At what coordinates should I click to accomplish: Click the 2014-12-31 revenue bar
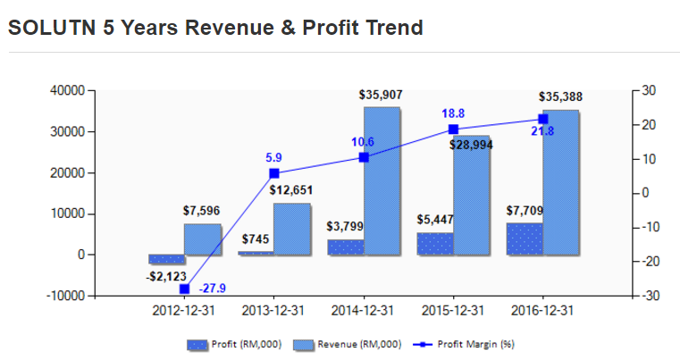[382, 181]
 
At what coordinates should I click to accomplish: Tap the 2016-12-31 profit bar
[525, 239]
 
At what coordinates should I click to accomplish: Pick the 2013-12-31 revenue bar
[292, 229]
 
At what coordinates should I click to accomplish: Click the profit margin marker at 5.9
[274, 173]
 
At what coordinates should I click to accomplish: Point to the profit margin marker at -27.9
[184, 289]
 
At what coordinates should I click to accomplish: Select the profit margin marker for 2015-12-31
[453, 130]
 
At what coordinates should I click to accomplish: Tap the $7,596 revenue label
[201, 211]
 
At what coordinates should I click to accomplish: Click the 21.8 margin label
[542, 131]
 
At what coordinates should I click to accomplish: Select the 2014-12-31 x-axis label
[363, 311]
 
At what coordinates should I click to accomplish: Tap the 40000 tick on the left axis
[67, 90]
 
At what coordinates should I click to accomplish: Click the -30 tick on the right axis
[649, 296]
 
